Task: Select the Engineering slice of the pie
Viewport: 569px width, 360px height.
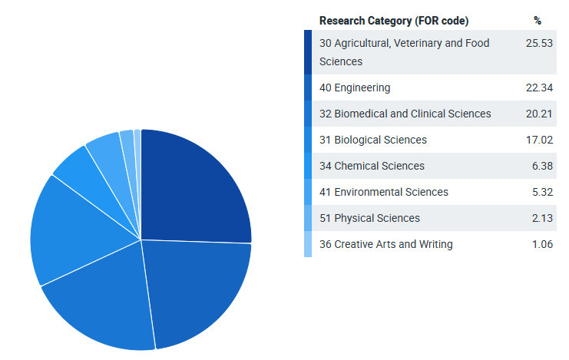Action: [x=200, y=288]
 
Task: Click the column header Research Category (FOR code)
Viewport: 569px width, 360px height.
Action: [x=393, y=21]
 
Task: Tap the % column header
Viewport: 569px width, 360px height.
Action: [x=538, y=21]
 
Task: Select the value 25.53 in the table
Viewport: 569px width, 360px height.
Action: [x=540, y=43]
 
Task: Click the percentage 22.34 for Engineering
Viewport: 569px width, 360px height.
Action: [x=540, y=88]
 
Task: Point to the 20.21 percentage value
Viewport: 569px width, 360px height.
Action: [x=540, y=114]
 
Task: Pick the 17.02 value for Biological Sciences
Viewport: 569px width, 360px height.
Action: [x=540, y=140]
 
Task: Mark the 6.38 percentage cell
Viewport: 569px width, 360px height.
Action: [x=542, y=166]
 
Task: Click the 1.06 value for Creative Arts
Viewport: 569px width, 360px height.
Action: [x=542, y=244]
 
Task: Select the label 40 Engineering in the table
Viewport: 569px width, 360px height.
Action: [x=355, y=88]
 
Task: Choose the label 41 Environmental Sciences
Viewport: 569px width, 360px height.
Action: [x=384, y=192]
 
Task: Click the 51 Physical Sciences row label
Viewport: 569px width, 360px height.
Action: [x=369, y=218]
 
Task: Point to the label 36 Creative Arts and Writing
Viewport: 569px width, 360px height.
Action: [x=385, y=244]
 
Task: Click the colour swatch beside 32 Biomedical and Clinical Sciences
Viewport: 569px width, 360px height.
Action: [x=308, y=114]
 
